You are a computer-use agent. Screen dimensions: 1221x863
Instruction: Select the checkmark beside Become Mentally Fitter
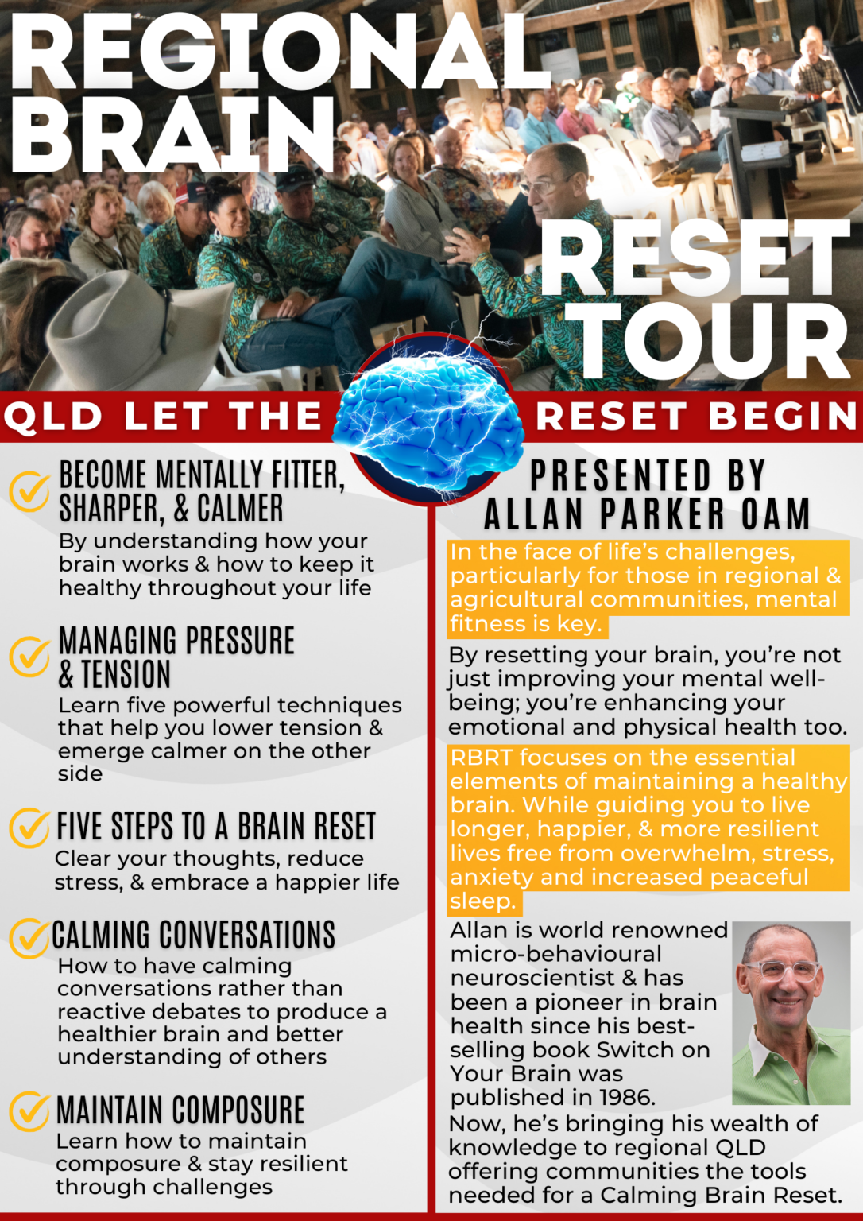pyautogui.click(x=30, y=490)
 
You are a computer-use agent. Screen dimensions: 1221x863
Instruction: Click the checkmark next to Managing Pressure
pyautogui.click(x=30, y=657)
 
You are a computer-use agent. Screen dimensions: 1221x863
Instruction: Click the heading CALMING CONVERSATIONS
pyautogui.click(x=194, y=936)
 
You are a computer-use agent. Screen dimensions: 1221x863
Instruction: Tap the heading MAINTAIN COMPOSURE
pyautogui.click(x=180, y=1111)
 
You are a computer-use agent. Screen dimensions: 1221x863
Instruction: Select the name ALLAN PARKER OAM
pyautogui.click(x=647, y=514)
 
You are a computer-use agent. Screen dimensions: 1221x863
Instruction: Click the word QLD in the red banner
pyautogui.click(x=54, y=417)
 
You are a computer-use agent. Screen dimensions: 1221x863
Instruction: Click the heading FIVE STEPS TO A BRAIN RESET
pyautogui.click(x=215, y=827)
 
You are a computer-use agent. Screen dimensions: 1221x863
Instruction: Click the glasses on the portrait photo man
pyautogui.click(x=780, y=971)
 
